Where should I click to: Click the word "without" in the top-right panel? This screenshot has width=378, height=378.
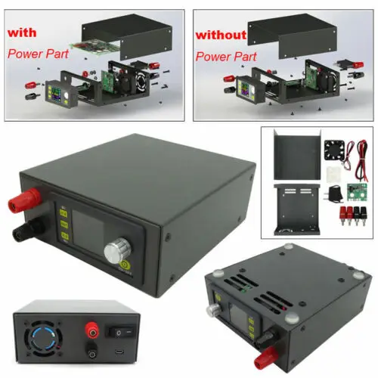[x=220, y=35]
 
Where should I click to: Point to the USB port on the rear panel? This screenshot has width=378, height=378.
[x=121, y=353]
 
